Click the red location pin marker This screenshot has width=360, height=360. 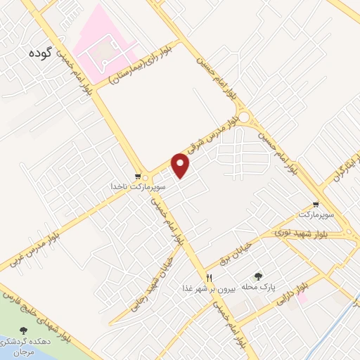tap(181, 165)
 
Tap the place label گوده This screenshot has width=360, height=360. tap(42, 53)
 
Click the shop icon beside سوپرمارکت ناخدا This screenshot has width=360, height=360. tap(138, 176)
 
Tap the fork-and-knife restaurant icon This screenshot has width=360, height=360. tap(209, 277)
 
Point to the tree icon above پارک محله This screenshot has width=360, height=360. tap(257, 277)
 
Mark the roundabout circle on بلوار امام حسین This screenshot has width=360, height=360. tap(244, 117)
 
